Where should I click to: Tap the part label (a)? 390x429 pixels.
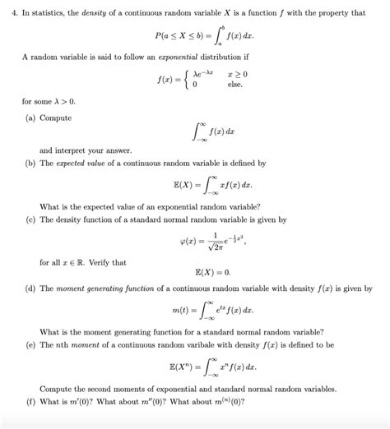(x=30, y=118)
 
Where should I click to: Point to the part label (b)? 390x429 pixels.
(x=30, y=164)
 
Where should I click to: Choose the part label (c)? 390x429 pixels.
(x=30, y=219)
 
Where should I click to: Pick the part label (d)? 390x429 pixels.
(x=30, y=288)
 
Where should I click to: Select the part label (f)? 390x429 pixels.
(x=30, y=401)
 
